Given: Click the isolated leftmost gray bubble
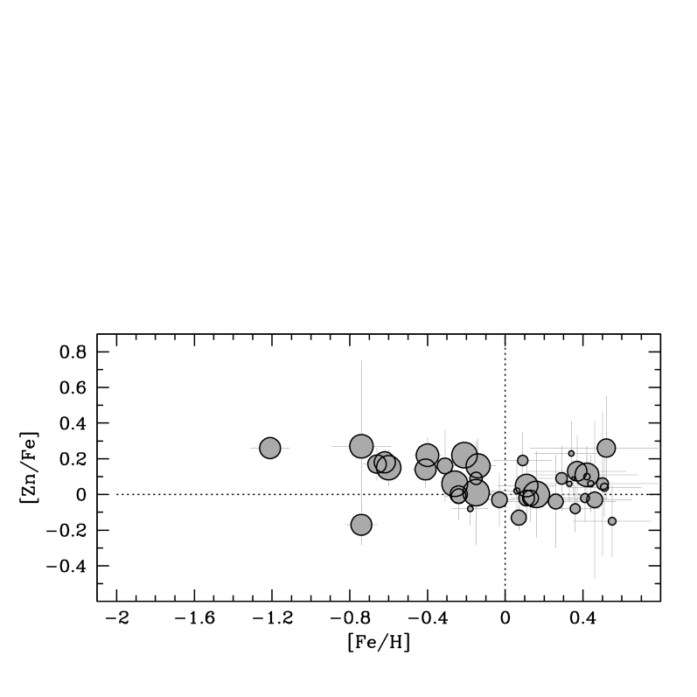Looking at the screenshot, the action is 270,448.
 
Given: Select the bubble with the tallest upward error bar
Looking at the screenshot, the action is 361,446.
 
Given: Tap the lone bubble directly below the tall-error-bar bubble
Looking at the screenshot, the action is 361,525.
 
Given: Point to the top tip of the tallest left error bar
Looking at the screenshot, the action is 361,360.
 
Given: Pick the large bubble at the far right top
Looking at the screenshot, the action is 606,448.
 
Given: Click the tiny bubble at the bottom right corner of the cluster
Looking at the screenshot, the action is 612,521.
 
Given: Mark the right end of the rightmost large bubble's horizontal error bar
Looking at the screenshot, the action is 659,448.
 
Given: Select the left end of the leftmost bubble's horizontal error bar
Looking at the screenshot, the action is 251,448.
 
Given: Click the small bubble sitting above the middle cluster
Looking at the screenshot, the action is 523,461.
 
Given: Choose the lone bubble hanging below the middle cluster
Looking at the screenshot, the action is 519,518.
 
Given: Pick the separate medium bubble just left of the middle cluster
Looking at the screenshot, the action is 499,499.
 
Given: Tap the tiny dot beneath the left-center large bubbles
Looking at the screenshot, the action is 470,508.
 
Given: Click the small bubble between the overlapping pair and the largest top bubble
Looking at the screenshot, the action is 445,465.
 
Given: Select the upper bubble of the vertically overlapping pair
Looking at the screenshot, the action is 428,455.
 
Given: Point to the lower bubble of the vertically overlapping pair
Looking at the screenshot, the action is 426,470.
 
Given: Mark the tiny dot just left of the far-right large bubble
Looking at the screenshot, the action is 572,454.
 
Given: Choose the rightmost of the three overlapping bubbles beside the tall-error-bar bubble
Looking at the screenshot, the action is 389,468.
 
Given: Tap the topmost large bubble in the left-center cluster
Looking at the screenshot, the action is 464,455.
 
